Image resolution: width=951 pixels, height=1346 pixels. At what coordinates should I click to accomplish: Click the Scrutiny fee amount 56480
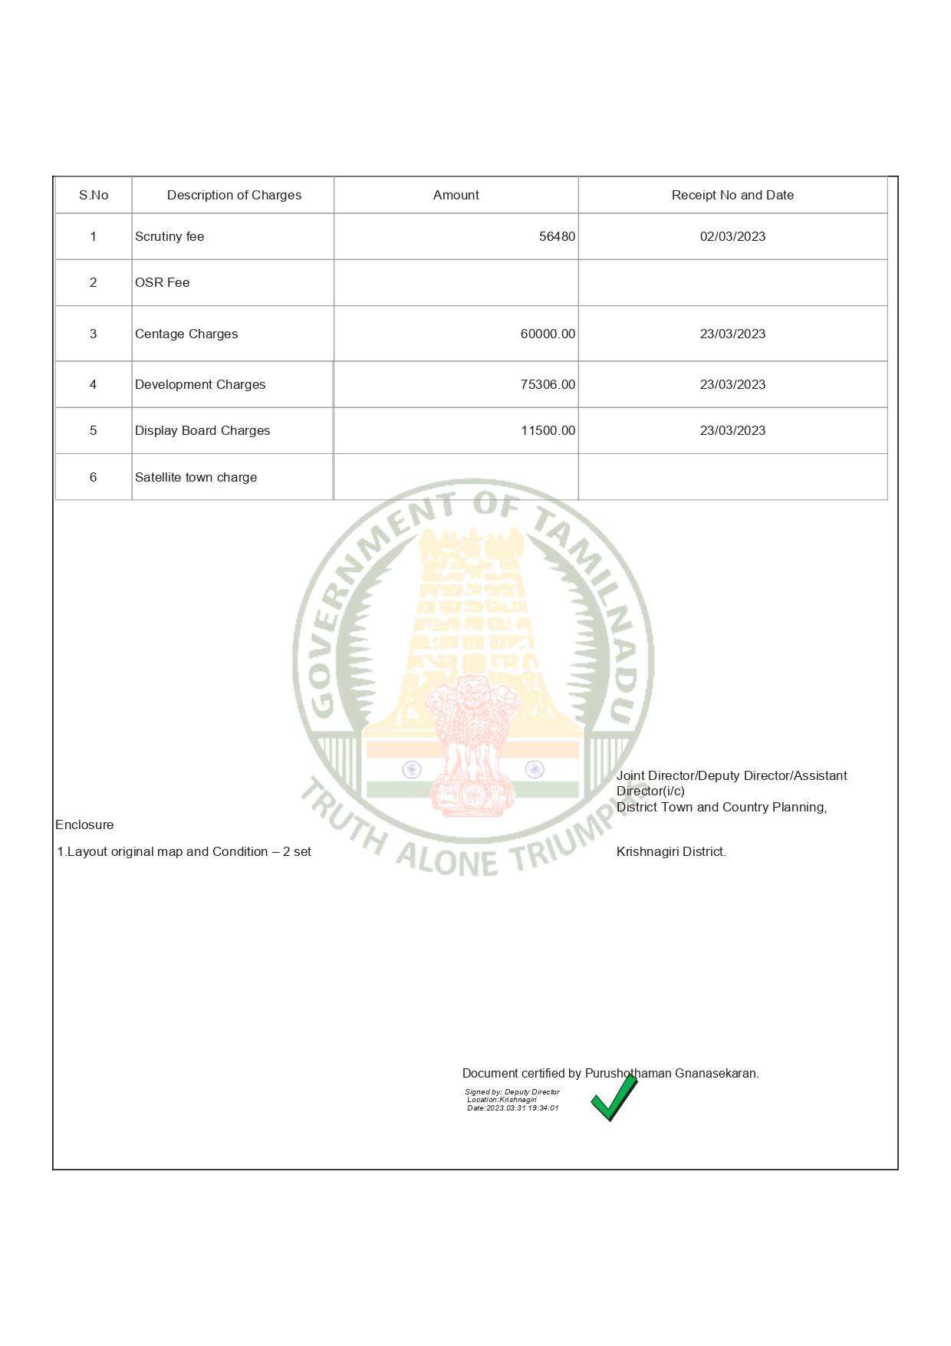[557, 236]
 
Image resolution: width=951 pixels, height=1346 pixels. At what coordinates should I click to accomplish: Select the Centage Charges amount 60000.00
[548, 334]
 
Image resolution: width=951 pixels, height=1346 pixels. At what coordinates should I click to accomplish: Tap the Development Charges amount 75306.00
[548, 384]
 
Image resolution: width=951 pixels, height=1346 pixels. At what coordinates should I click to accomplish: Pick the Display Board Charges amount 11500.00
[548, 430]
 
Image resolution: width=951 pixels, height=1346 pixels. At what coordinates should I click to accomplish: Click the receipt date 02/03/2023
[732, 236]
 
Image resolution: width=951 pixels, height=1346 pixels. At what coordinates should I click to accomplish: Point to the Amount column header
[456, 195]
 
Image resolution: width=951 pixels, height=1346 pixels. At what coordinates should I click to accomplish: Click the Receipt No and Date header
[732, 195]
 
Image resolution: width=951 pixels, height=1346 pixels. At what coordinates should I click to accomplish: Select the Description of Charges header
[234, 195]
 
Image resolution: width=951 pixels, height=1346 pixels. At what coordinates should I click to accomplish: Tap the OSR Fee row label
[162, 282]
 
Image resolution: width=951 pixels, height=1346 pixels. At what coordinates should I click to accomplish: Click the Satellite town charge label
[196, 477]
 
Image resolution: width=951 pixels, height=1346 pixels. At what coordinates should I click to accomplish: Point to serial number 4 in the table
[93, 384]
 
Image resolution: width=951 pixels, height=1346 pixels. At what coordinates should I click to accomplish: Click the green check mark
[614, 1098]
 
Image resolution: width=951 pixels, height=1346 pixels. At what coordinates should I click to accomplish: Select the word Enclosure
[84, 824]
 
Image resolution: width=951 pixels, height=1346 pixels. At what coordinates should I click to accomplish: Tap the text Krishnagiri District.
[671, 851]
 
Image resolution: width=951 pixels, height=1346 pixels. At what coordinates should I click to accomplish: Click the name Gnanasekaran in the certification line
[716, 1073]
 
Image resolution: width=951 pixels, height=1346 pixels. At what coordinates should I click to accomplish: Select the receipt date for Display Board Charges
[732, 430]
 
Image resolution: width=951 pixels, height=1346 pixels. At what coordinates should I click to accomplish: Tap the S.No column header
[94, 195]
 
